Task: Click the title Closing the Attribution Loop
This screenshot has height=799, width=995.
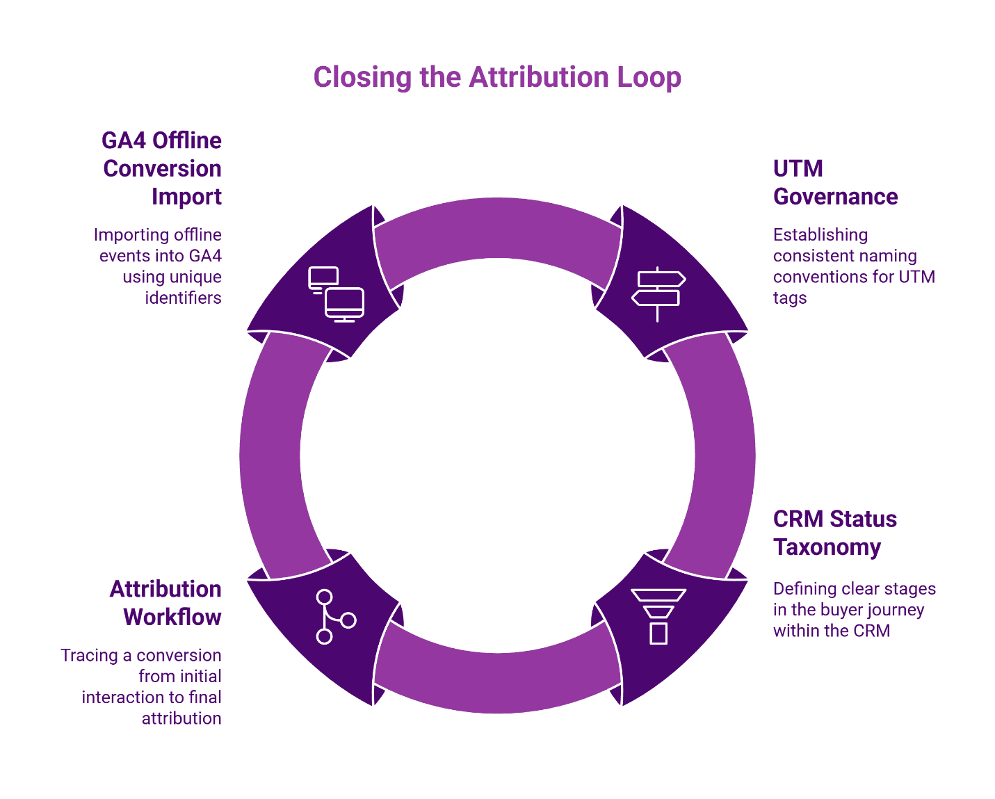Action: (496, 77)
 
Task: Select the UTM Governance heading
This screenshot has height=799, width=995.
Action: (835, 183)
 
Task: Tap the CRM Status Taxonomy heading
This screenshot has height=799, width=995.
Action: (834, 533)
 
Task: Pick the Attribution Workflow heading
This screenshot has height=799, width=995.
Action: (165, 603)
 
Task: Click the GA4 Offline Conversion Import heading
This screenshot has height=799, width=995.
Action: (162, 169)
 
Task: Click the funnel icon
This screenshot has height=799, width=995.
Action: (658, 616)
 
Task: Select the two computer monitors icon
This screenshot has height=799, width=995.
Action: (336, 294)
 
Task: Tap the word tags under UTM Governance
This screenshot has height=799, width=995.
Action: (790, 298)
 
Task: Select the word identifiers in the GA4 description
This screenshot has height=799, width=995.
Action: (183, 298)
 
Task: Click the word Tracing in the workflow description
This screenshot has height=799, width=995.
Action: (89, 656)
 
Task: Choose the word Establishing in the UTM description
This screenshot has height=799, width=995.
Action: (820, 235)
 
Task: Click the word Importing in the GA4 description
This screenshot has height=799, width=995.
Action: (128, 235)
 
